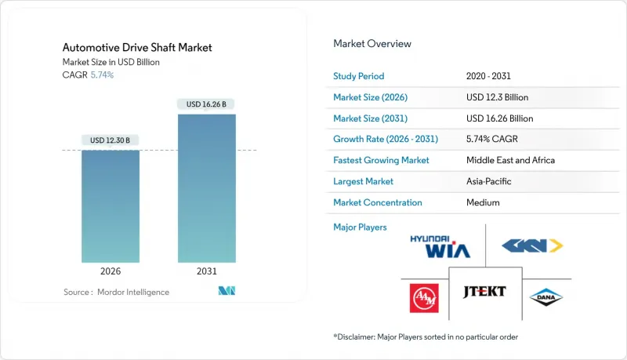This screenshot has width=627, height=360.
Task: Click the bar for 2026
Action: (111, 205)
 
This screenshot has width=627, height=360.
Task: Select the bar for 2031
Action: (206, 188)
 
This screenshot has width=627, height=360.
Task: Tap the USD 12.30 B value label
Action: (111, 140)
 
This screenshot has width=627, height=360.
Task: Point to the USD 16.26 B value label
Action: (206, 104)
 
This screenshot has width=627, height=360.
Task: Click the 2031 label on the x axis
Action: (206, 271)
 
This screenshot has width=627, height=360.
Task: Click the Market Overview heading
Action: (372, 44)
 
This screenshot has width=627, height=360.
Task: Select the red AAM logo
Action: (424, 297)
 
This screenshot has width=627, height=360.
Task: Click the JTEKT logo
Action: (484, 292)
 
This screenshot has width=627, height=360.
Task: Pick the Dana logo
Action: (545, 297)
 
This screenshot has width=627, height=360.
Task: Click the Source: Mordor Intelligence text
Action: (116, 292)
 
